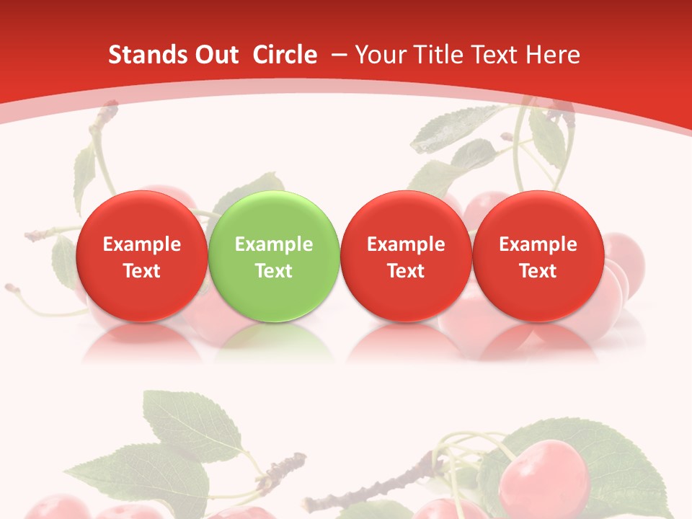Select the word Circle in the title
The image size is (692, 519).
(285, 55)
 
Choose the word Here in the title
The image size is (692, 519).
(554, 55)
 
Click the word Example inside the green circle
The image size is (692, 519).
(273, 244)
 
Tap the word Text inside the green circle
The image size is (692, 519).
(273, 271)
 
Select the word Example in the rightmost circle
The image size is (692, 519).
(538, 244)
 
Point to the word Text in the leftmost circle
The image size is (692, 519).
(141, 271)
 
